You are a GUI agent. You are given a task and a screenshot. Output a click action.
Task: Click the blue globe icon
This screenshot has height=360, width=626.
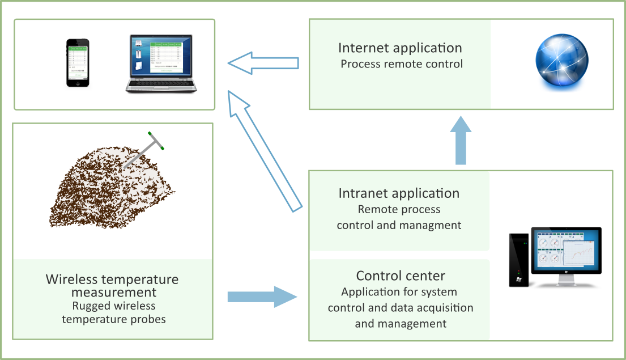click(x=561, y=63)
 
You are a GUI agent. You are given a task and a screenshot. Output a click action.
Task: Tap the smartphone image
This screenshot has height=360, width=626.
click(x=78, y=62)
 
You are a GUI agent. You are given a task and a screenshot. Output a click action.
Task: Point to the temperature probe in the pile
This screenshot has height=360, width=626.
click(x=142, y=152)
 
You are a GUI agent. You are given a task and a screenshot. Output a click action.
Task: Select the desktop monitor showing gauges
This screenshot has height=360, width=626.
click(x=565, y=252)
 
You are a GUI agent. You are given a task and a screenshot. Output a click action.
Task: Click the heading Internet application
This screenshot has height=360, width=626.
click(x=400, y=48)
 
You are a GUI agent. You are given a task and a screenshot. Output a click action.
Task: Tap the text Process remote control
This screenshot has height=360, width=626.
click(x=402, y=63)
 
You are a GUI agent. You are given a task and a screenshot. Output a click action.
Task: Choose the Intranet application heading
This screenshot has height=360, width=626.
click(x=399, y=193)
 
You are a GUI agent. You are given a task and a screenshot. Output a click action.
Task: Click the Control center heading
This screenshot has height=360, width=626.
click(x=401, y=276)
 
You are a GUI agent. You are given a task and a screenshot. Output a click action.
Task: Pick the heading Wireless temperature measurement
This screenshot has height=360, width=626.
click(x=112, y=286)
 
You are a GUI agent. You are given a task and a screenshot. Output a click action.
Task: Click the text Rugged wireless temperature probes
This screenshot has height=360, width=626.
click(x=114, y=312)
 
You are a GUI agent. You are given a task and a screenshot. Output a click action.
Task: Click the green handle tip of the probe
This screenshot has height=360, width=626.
click(x=163, y=148)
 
